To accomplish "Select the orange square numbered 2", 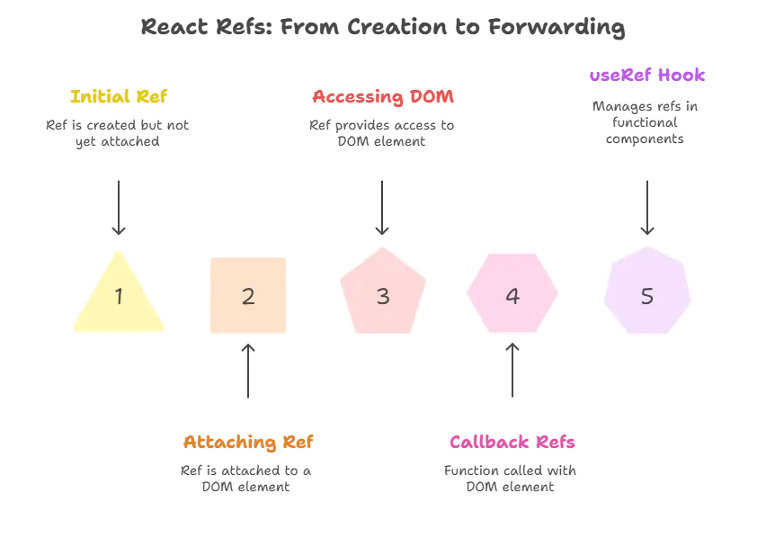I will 248,296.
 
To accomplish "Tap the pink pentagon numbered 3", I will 382,295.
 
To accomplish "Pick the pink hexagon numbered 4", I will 512,295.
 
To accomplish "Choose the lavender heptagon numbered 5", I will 647,295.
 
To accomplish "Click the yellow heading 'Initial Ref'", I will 119,96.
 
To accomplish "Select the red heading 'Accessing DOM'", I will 384,96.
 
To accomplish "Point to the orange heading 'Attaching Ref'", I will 249,442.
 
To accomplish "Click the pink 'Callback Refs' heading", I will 512,442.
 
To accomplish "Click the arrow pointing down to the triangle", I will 119,207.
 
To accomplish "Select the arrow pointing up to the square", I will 249,373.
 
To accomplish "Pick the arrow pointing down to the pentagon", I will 384,207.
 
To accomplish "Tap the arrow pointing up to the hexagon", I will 512,373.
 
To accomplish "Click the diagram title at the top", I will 381,28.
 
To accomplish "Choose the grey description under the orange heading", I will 249,479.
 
